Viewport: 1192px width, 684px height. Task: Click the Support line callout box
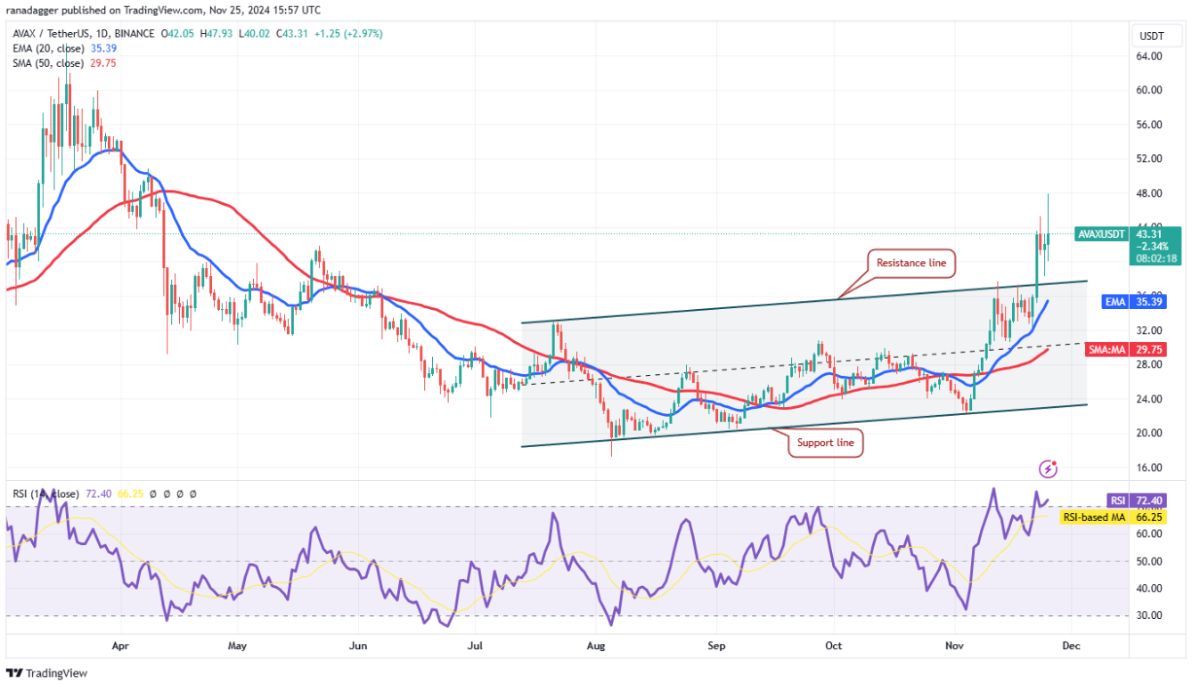coord(825,443)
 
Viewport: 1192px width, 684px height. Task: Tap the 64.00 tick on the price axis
coord(1149,56)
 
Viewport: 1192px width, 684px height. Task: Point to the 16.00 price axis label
coord(1149,468)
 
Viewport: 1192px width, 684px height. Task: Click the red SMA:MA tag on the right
coord(1111,350)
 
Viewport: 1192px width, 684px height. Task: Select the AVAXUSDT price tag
coord(1101,234)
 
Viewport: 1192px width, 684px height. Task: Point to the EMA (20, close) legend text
coord(49,48)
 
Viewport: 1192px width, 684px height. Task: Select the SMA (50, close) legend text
coord(49,63)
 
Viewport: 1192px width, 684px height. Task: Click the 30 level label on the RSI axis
coord(1147,615)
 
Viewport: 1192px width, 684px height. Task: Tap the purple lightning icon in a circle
coord(1049,468)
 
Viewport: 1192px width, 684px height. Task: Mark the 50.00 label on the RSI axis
coord(1149,561)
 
